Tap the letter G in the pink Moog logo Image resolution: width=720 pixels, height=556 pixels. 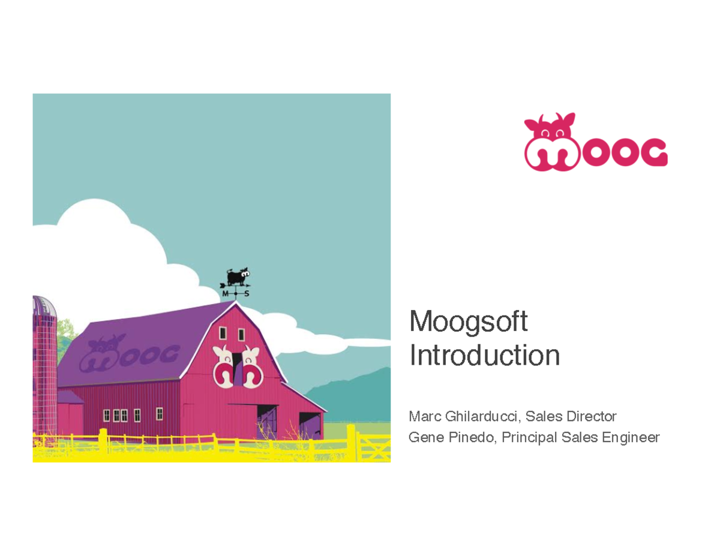tap(651, 153)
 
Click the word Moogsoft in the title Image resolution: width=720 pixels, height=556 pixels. tap(468, 322)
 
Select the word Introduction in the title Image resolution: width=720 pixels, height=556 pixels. tap(484, 355)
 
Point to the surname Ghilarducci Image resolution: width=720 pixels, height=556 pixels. tap(485, 416)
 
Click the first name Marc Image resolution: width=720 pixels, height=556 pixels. tap(423, 416)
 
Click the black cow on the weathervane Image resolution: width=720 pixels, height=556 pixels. tap(235, 277)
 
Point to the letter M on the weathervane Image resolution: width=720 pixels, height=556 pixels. tap(226, 294)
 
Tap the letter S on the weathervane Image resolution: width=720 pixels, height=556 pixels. tap(246, 294)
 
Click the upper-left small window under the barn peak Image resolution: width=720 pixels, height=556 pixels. tap(223, 333)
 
